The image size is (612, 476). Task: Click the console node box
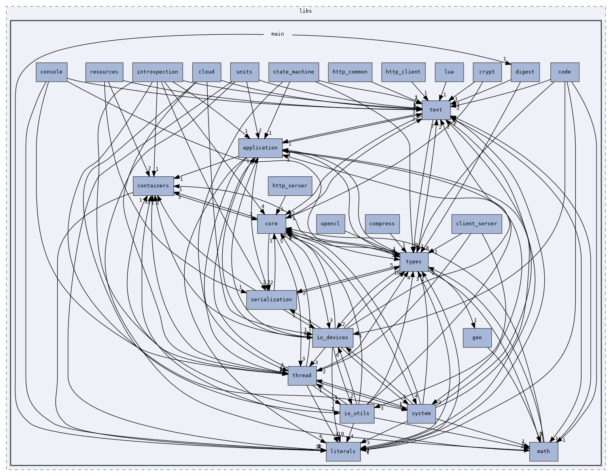pos(51,72)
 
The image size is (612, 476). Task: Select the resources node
pos(104,72)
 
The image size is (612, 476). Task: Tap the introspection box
pos(157,72)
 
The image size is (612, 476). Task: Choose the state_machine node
pos(293,72)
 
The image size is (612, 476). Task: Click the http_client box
pos(403,72)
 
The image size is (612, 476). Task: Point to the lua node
pos(449,72)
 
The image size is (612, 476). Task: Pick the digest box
pos(525,72)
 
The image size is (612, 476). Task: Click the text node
pos(436,110)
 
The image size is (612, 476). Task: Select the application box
pos(260,148)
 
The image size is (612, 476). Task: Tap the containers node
pos(153,186)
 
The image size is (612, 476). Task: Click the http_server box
pos(290,186)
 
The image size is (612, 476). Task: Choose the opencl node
pos(330,224)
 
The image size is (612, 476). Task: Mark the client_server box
pos(477,224)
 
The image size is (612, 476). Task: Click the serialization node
pos(271,300)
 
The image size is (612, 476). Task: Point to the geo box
pos(477,338)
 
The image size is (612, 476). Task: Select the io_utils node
pos(357,414)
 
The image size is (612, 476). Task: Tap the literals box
pos(343,451)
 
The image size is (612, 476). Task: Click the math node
pos(544,451)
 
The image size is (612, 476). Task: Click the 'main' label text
pos(278,34)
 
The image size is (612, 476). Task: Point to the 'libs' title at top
pos(305,11)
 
